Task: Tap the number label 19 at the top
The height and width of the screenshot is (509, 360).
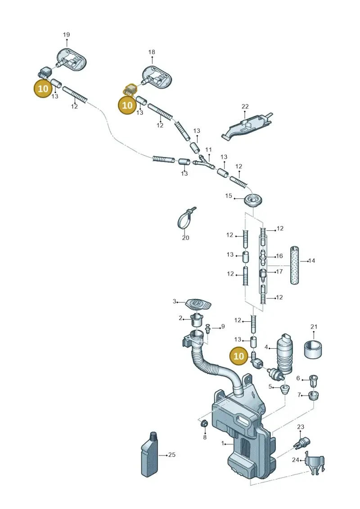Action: coord(66,35)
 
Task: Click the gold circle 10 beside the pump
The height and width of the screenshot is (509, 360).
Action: coord(238,356)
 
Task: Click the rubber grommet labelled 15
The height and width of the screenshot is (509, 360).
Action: coord(253,201)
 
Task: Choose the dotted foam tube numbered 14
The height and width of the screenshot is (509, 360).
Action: coord(294,266)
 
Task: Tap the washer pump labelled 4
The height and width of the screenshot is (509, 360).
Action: coord(284,357)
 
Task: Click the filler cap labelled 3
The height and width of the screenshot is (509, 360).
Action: coord(198,305)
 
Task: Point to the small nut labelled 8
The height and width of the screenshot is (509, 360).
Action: coord(204,423)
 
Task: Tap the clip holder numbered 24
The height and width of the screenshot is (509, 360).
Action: coord(315,463)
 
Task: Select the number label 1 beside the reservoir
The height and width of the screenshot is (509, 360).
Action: coord(223,443)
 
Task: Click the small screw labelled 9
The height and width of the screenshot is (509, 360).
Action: coord(208,329)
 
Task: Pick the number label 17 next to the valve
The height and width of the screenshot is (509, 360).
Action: coord(279,271)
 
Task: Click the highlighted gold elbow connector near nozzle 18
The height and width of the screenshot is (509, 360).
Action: coord(130,89)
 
